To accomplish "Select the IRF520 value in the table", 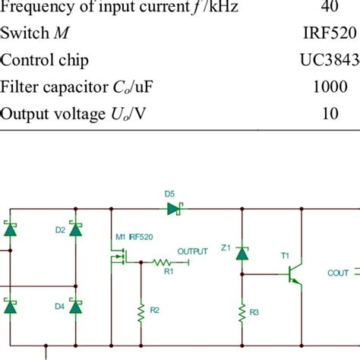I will [327, 34].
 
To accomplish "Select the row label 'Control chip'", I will [43, 60].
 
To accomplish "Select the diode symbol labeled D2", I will [75, 229].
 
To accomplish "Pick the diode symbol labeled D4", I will [75, 306].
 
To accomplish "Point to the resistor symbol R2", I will [141, 309].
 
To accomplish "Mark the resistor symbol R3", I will [242, 311].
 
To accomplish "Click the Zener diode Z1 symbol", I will [242, 253].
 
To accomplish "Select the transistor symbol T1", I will [292, 277].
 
